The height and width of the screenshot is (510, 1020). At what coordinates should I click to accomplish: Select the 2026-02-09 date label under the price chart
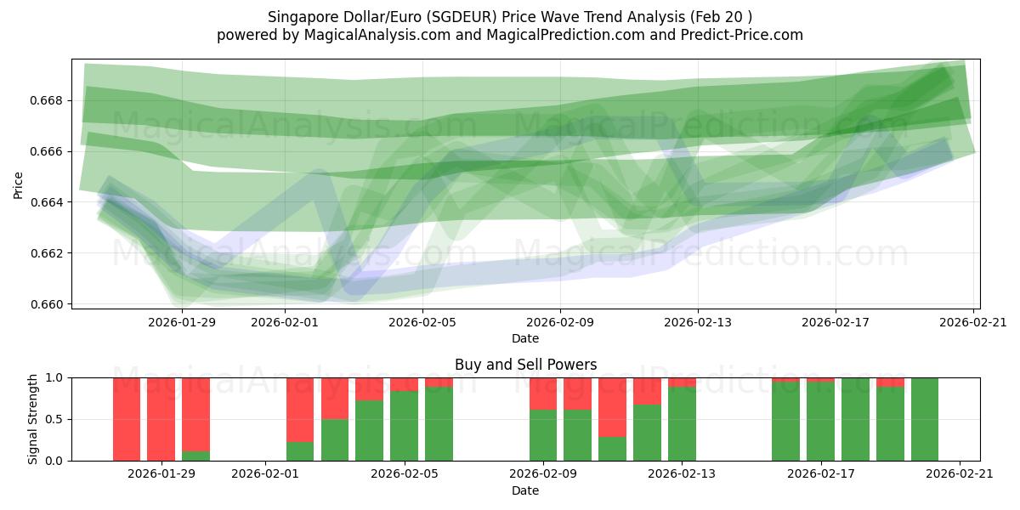pos(560,322)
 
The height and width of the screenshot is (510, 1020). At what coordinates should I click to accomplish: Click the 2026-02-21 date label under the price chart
pos(973,322)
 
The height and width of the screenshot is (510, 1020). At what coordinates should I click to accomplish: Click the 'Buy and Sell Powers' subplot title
pos(525,365)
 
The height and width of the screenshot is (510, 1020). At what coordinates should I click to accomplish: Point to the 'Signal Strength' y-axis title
pos(33,419)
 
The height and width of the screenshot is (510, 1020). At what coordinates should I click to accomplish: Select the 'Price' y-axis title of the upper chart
pos(19,184)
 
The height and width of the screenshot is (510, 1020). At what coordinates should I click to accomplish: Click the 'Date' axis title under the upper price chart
pos(525,338)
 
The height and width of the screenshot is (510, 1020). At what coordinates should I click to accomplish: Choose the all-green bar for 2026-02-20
pos(925,419)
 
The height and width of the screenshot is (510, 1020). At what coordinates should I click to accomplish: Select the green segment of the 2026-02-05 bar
pos(404,426)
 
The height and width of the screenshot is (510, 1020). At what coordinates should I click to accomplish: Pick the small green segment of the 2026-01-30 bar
pos(195,456)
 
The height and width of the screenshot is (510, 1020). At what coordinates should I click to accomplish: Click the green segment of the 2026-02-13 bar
pos(682,424)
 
